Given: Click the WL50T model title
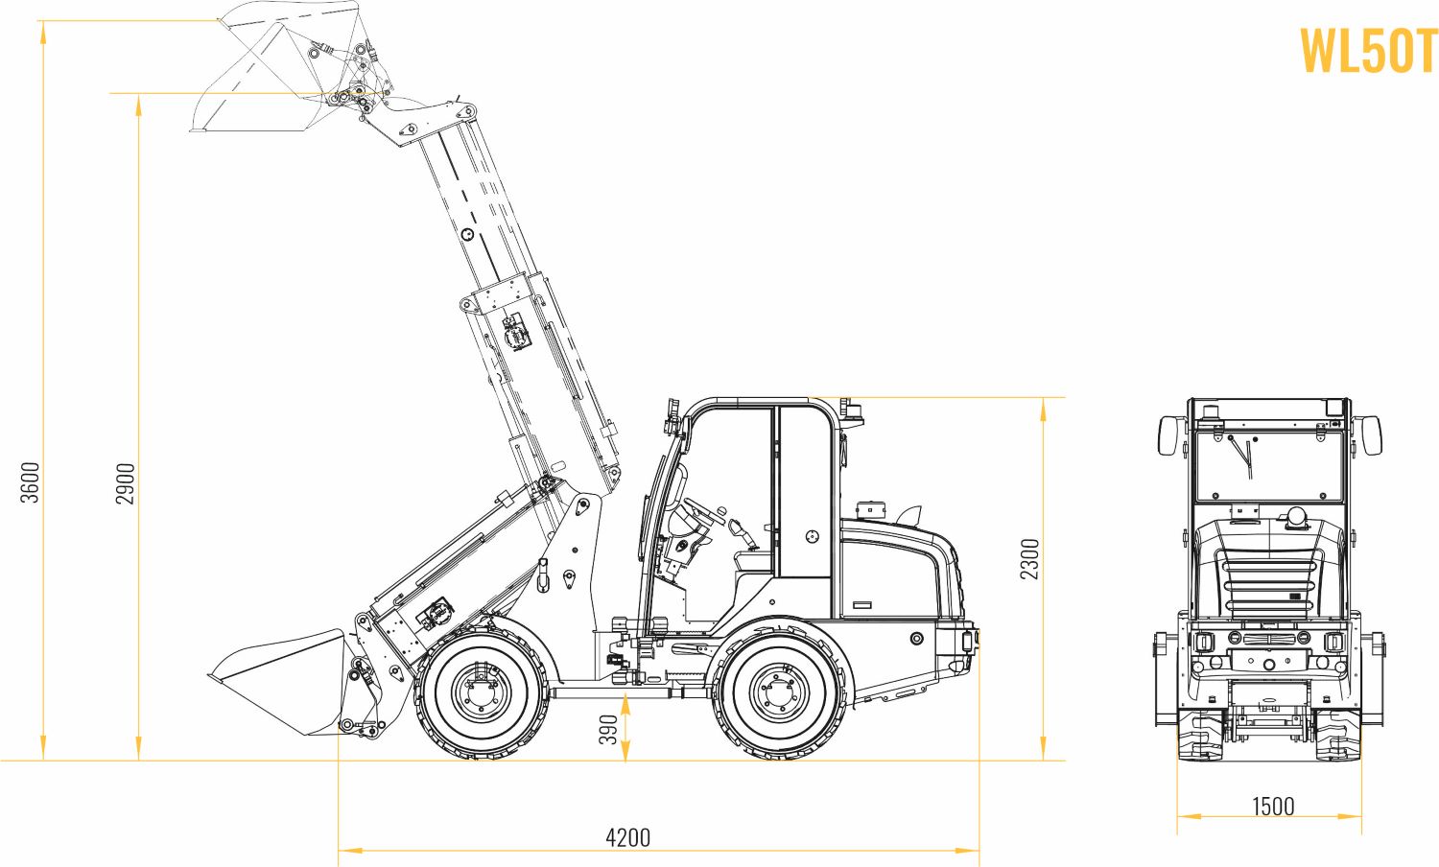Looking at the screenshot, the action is (x=1369, y=51).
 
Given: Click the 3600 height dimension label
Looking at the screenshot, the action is (x=31, y=482).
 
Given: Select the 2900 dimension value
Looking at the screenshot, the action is (x=126, y=483).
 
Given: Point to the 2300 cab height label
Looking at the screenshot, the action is (x=1029, y=559).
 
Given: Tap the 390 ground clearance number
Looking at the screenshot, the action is (x=607, y=730).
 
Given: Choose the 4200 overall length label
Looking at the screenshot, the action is (x=627, y=837).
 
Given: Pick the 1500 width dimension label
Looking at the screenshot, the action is (x=1273, y=806).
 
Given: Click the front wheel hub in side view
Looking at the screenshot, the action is (x=481, y=691).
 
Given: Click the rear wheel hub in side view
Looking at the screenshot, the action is (x=779, y=691).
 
